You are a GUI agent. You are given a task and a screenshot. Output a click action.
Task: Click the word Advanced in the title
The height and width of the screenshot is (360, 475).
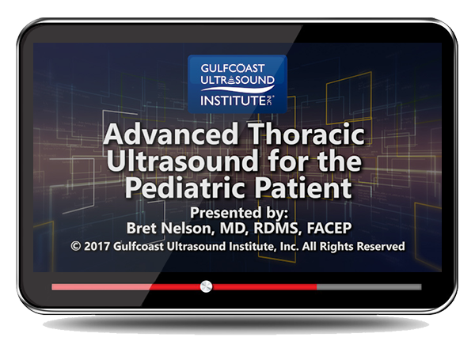tap(171, 135)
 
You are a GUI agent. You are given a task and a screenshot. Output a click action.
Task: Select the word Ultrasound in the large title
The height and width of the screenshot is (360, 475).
tap(182, 161)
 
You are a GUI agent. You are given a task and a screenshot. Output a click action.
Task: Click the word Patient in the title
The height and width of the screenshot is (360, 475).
tap(303, 188)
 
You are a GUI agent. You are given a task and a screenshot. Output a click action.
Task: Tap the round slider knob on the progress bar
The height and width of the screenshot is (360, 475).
tap(206, 286)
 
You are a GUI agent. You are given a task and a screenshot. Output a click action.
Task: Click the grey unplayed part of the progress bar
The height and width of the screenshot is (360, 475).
tap(369, 286)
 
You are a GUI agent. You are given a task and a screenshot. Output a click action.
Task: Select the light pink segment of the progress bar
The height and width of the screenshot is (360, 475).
tap(102, 286)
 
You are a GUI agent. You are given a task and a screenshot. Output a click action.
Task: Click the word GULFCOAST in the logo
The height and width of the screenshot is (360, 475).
tap(232, 68)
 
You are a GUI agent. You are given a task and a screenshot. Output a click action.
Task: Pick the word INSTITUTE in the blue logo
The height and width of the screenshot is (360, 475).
tap(233, 100)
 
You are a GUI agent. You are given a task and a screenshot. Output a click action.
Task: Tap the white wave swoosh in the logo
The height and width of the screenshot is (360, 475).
tap(237, 89)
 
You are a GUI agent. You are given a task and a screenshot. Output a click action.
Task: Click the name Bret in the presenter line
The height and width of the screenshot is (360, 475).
tap(142, 229)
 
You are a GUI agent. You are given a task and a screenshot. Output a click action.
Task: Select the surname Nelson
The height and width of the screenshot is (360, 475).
tap(185, 229)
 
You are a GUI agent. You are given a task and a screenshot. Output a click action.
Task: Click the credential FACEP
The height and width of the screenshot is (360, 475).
tap(329, 229)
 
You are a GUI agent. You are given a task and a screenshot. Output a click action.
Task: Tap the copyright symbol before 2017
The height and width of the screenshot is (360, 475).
tap(75, 246)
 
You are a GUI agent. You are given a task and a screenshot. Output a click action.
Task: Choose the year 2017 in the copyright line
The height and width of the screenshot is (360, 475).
tap(97, 246)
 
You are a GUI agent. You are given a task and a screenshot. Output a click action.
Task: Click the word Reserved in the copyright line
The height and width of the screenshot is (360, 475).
tap(381, 246)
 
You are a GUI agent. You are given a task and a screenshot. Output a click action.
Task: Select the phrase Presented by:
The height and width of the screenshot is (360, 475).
tap(239, 213)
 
